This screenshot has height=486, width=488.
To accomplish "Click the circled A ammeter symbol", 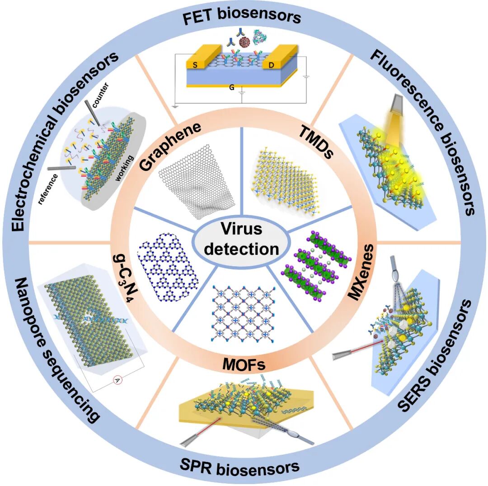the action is (117, 381).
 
